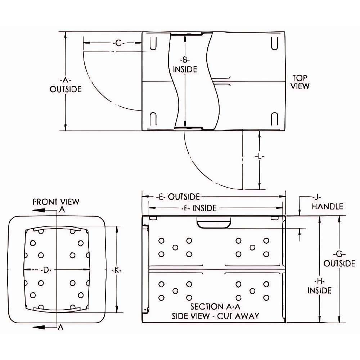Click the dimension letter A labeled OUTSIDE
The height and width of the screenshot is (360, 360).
[x=66, y=80]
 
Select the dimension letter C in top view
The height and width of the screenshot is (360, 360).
[x=119, y=44]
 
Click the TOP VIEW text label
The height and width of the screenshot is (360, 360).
[x=300, y=82]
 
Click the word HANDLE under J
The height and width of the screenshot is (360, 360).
[x=327, y=206]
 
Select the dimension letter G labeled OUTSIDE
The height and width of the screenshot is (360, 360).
[x=339, y=254]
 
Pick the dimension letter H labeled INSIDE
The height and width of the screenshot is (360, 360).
[x=319, y=281]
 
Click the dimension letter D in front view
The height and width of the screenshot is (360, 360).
[x=45, y=270]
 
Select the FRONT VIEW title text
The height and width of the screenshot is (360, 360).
[x=56, y=202]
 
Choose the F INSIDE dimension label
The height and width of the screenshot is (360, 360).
[x=200, y=208]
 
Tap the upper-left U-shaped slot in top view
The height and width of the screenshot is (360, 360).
[x=153, y=43]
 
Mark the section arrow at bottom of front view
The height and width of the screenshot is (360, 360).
[x=43, y=327]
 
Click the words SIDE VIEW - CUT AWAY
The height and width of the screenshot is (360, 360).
[x=215, y=316]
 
